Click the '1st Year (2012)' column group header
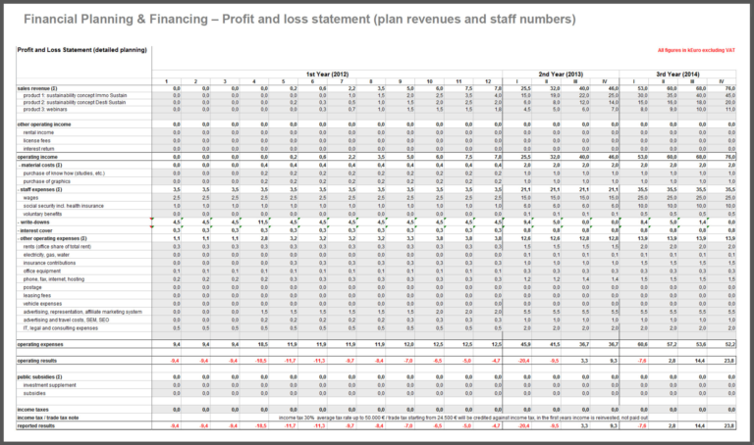[328, 74]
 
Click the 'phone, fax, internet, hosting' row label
[59, 279]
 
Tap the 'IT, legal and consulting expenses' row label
[65, 327]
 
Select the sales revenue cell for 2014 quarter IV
[729, 87]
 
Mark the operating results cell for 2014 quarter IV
[729, 361]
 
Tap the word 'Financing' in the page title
[197, 19]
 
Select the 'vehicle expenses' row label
[46, 304]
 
